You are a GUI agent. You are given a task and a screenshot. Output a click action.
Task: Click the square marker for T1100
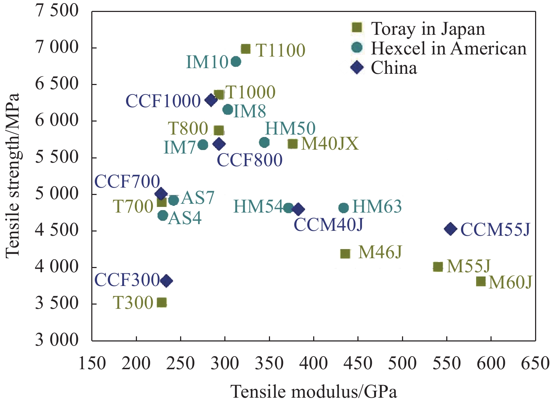point(245,49)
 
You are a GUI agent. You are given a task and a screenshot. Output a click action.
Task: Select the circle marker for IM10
point(236,62)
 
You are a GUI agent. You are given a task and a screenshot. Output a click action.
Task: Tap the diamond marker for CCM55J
point(450,229)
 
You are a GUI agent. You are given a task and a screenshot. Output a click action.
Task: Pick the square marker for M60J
point(481,281)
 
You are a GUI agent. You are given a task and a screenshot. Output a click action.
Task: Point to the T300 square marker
point(162,302)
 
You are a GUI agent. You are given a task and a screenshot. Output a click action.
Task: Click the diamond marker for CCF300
point(166,281)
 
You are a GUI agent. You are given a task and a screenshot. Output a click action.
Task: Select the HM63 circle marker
point(343,208)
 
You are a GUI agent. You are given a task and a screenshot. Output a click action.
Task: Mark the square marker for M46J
point(345,254)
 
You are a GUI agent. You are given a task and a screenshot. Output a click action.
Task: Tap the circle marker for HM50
point(264,142)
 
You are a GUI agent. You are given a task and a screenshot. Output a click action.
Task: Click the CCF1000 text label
point(163,101)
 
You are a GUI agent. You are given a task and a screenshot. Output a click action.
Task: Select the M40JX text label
point(330,144)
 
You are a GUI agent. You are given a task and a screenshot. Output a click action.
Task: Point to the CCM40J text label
point(328,225)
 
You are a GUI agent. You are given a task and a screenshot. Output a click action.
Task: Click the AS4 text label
point(185,218)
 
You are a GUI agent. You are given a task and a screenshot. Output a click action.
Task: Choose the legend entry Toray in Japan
point(428,29)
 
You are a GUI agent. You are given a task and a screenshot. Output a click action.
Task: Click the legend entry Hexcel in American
point(449,48)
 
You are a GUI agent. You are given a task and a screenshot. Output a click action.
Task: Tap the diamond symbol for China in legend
point(357,67)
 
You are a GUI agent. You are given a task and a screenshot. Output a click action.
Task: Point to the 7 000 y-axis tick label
point(57,47)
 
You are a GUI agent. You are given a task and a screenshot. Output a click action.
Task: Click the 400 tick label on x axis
point(314,363)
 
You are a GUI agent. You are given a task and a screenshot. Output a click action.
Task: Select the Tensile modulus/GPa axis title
point(314,391)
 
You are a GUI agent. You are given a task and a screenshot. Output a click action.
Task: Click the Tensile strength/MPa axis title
point(13,176)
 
